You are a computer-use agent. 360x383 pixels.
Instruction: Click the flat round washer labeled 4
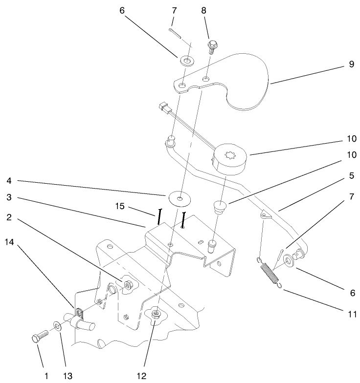click(x=179, y=198)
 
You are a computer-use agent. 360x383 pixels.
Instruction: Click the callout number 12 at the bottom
click(x=141, y=376)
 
